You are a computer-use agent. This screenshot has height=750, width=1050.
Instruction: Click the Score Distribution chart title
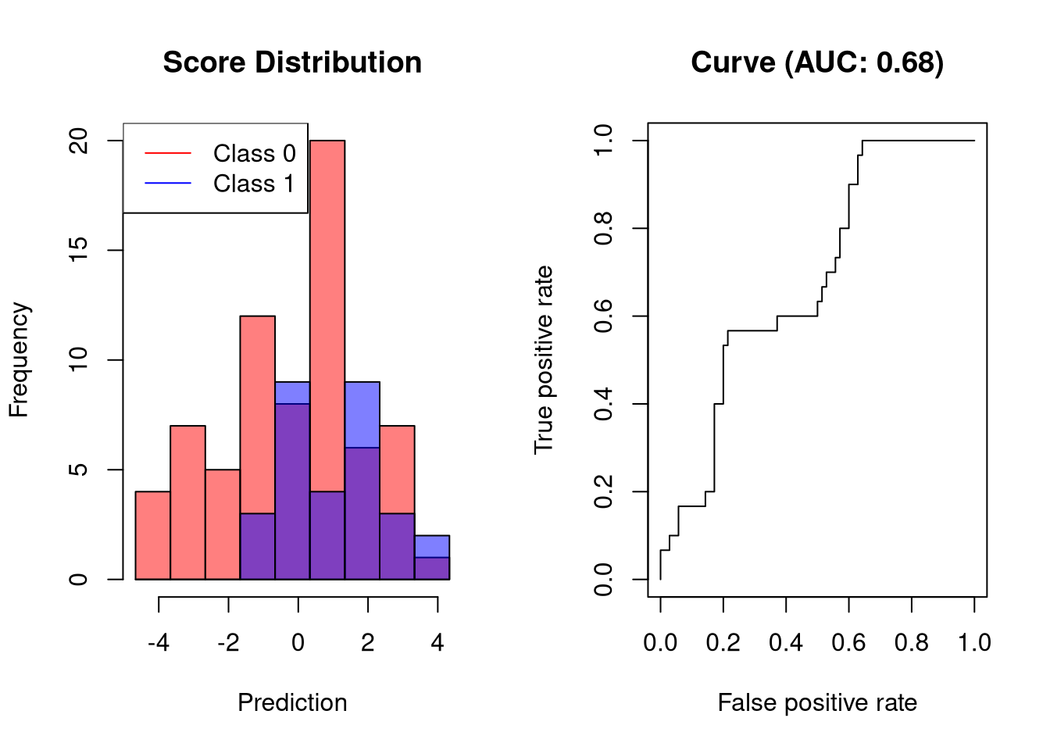[x=292, y=62]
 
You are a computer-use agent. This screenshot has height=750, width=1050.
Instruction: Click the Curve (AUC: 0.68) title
[x=817, y=62]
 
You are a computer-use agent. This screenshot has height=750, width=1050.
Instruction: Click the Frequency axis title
[x=19, y=359]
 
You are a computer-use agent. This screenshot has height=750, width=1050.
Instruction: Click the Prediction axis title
[x=292, y=702]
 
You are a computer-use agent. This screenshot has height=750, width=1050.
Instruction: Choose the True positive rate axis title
[x=544, y=359]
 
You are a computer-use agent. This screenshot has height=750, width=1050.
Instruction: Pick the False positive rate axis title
[x=817, y=702]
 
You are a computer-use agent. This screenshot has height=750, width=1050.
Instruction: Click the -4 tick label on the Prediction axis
[x=159, y=643]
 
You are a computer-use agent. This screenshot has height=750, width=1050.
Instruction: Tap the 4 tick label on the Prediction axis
[x=437, y=643]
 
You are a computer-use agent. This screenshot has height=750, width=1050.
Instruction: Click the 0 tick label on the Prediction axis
[x=298, y=643]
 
